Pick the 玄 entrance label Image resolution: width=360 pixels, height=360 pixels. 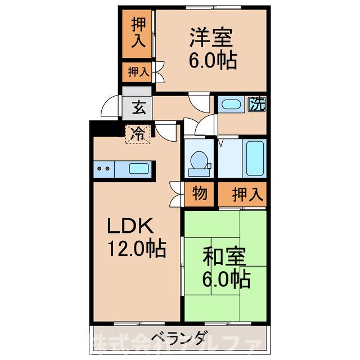137,105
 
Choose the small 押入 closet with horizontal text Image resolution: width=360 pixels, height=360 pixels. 137,71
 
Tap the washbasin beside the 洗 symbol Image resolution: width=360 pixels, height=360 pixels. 231,104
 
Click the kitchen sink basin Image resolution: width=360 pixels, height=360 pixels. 139,168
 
